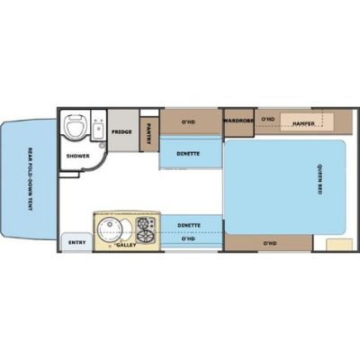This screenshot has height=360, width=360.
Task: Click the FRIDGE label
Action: point(121,132)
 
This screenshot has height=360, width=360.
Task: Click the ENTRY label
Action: point(75,242)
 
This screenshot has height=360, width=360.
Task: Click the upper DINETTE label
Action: point(187,153)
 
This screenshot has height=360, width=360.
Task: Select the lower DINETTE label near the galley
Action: point(188,225)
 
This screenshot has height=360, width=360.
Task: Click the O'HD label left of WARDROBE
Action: point(189,118)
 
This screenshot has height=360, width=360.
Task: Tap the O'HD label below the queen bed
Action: point(269,242)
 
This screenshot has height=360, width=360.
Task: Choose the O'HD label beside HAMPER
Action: point(267,118)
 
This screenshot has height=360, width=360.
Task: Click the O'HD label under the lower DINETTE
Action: point(188,239)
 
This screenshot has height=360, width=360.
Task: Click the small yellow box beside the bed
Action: point(337,243)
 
